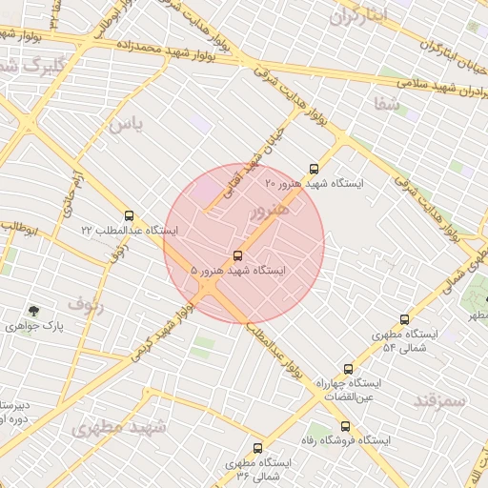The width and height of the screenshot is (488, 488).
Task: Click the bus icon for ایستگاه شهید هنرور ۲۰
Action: (x=315, y=169)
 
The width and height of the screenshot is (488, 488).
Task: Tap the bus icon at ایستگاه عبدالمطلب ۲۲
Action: (x=129, y=215)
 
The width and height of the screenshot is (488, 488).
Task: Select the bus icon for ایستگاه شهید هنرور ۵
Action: (x=237, y=255)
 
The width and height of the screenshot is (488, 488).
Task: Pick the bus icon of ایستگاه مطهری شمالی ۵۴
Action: (x=404, y=320)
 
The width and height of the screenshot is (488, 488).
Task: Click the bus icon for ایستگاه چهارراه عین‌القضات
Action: (x=348, y=369)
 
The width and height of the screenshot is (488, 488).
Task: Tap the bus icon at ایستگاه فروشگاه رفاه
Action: (x=345, y=426)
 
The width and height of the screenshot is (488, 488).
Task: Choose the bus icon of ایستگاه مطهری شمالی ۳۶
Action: (x=257, y=448)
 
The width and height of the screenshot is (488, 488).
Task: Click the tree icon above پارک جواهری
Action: (x=34, y=311)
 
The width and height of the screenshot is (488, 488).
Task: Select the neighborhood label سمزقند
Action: (x=439, y=400)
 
